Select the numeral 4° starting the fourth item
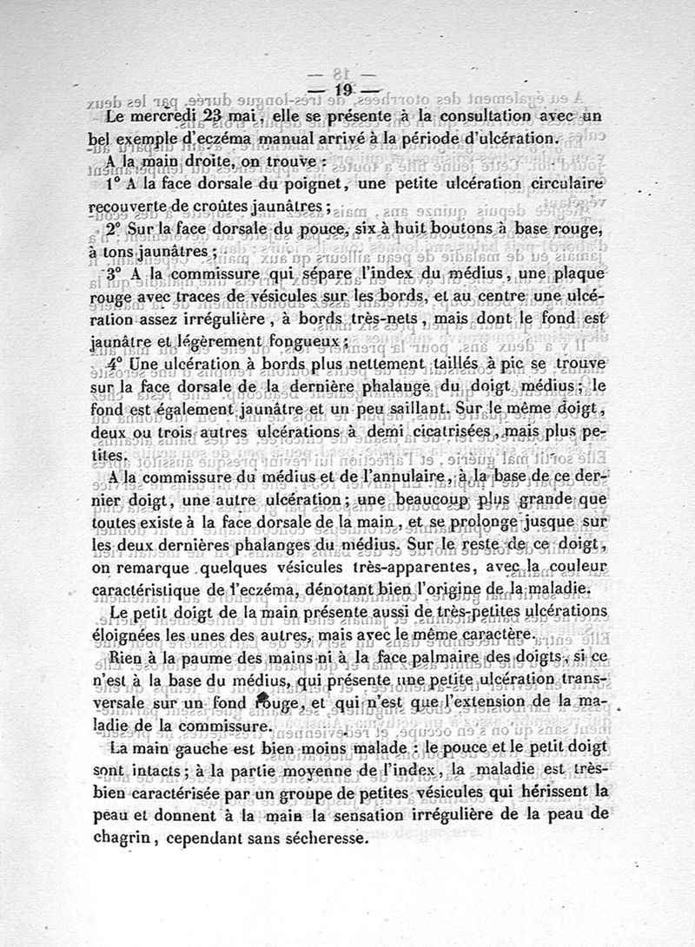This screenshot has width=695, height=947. coord(119,364)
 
